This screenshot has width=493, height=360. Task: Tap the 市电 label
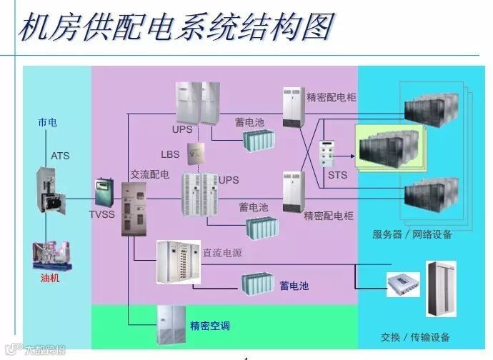tap(48, 123)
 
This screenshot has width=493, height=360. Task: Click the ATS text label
tap(60, 155)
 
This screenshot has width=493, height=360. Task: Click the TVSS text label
tap(101, 213)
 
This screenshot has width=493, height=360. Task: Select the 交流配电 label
tap(149, 174)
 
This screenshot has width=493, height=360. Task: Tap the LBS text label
tap(171, 155)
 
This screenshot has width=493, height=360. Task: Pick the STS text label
tap(337, 174)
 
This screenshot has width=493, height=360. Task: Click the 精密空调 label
tap(209, 326)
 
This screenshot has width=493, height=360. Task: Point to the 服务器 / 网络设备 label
tap(413, 234)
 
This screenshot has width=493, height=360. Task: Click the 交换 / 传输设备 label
tap(415, 337)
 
